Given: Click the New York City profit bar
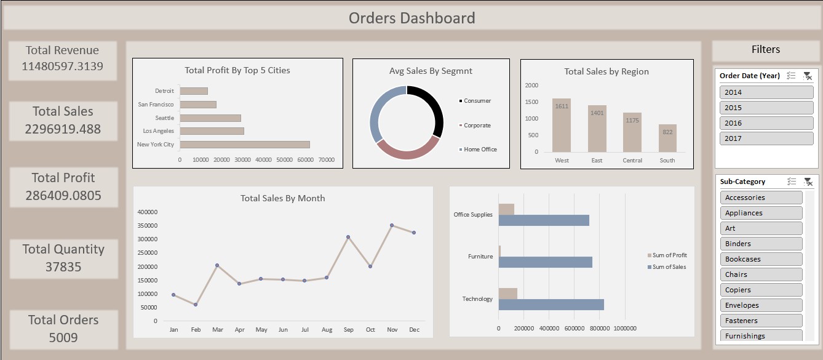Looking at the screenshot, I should [x=244, y=145].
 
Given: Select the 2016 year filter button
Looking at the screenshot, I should [x=766, y=123].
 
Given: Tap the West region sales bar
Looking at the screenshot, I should [x=561, y=125].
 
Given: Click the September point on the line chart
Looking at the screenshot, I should [x=348, y=237].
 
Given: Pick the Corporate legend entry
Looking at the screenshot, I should [x=477, y=126].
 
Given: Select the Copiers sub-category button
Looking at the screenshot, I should [x=761, y=290].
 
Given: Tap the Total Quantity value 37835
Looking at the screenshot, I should [x=63, y=267].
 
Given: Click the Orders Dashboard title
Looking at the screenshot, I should [x=411, y=18].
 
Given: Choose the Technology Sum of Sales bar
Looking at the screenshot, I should [x=551, y=305].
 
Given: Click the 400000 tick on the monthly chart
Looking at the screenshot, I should [x=147, y=212].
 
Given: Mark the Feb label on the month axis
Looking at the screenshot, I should [x=196, y=330].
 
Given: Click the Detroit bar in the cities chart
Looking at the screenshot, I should [x=194, y=91].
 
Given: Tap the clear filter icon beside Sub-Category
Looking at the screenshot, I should [x=808, y=182].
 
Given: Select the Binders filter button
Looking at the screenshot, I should [x=761, y=244].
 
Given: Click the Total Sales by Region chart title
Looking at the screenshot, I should [x=606, y=71].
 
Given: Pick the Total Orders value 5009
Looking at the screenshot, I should [x=63, y=337].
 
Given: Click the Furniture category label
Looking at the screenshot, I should [x=480, y=257].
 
